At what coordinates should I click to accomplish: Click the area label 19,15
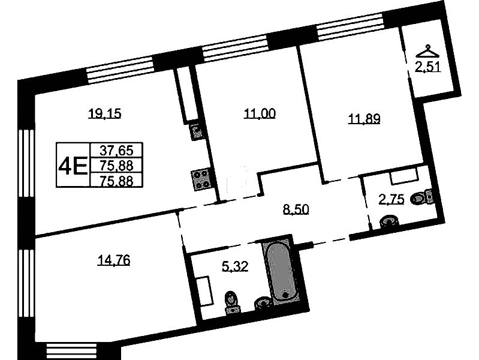[x=104, y=114]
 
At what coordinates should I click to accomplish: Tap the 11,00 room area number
[x=260, y=114]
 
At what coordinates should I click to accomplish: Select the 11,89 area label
[x=364, y=119]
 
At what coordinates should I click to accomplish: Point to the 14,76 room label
[x=114, y=260]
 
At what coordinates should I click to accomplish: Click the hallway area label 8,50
[x=296, y=209]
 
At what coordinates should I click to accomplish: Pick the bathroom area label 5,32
[x=235, y=266]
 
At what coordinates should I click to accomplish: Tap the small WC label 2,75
[x=391, y=200]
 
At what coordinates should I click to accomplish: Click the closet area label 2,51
[x=428, y=67]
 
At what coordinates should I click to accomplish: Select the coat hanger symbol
[x=427, y=52]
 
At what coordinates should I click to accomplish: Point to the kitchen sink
[x=196, y=131]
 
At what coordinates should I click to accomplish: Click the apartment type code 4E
[x=73, y=166]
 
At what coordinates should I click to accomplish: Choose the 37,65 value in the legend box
[x=117, y=150]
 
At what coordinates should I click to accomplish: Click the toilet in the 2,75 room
[x=422, y=197]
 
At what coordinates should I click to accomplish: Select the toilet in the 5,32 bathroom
[x=232, y=302]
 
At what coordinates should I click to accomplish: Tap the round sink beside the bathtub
[x=262, y=303]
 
